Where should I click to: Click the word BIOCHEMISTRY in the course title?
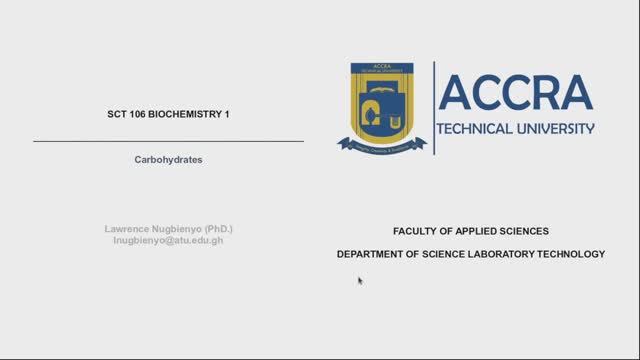tap(184, 115)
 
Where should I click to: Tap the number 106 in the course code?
tap(137, 115)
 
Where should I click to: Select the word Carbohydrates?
tap(168, 159)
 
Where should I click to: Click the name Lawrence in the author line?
tap(128, 229)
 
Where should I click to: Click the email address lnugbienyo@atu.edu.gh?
tap(168, 241)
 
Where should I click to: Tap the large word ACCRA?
tap(515, 93)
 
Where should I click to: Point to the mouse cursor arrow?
tap(360, 280)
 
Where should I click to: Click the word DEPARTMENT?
tap(372, 254)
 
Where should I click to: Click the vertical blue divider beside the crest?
tap(433, 107)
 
